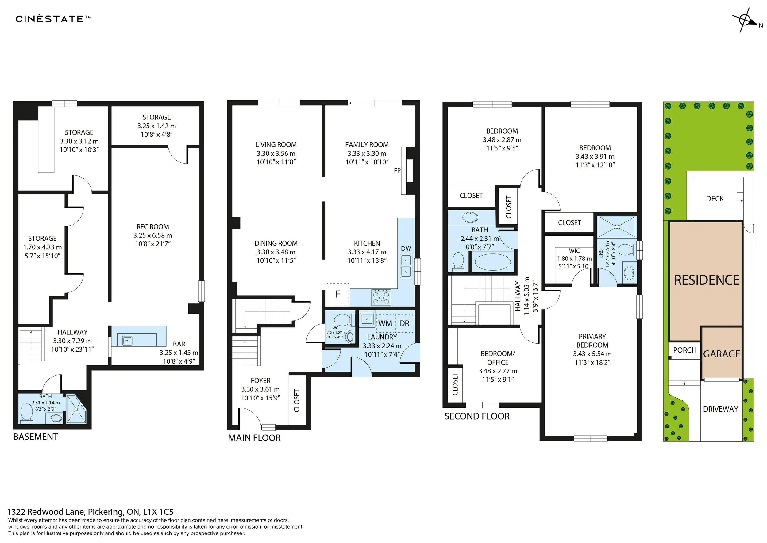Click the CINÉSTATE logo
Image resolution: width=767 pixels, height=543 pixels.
[x=53, y=19]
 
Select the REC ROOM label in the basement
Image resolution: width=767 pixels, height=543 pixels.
[x=153, y=227]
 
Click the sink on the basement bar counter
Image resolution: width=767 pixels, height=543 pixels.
[x=127, y=341]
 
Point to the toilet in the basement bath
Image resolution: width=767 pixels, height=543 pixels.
[x=26, y=412]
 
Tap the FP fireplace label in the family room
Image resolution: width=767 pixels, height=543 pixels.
[x=397, y=170]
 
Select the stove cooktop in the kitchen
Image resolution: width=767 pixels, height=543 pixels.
[x=381, y=297]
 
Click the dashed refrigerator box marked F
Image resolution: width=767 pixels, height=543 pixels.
[x=338, y=294]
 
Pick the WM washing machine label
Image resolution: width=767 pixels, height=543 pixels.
[x=385, y=323]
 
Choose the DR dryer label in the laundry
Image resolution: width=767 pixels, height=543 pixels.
[x=404, y=323]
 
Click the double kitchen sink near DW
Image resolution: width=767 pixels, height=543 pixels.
[x=406, y=265]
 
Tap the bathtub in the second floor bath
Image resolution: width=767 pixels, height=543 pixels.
[x=493, y=262]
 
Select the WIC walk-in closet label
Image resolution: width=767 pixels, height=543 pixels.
[x=574, y=251]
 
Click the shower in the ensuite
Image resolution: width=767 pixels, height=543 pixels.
[x=617, y=227]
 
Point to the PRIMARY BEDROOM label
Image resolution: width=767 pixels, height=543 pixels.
[x=592, y=341]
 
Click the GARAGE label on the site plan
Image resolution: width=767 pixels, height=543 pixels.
[x=722, y=354]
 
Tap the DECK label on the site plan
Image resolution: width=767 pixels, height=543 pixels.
[x=715, y=199]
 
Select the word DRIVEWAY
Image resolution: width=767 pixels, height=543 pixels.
[x=721, y=409]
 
